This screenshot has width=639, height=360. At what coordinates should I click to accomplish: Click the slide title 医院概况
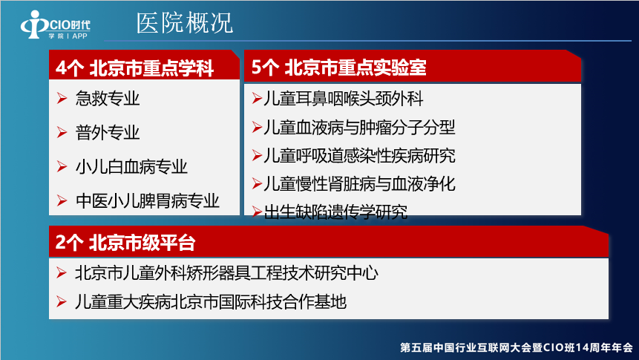click(185, 22)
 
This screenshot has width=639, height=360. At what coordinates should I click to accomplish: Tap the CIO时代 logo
click(56, 25)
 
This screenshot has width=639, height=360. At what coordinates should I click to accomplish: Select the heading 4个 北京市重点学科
click(135, 68)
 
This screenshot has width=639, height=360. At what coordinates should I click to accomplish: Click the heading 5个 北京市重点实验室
click(338, 68)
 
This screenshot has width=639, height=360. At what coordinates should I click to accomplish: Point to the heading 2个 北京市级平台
click(125, 243)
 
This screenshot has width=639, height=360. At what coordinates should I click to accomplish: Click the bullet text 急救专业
click(108, 98)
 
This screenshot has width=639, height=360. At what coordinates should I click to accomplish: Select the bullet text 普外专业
click(108, 133)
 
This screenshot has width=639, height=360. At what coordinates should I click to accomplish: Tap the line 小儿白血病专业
click(131, 167)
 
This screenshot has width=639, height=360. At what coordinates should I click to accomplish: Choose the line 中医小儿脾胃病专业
click(148, 201)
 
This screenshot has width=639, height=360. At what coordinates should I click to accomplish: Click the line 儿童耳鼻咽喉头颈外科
click(344, 99)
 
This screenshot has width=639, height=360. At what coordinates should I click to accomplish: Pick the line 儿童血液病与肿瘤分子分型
click(359, 127)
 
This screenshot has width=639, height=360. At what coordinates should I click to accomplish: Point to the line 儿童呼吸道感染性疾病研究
click(359, 155)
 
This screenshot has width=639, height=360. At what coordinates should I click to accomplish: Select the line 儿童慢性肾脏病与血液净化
click(359, 184)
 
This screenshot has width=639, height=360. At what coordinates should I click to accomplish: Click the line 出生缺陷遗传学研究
click(335, 212)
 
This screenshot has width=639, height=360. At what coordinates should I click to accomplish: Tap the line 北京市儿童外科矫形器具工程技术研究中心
click(226, 273)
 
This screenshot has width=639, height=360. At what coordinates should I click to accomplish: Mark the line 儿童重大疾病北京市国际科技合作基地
click(211, 301)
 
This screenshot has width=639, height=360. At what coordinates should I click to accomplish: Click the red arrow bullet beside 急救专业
click(62, 98)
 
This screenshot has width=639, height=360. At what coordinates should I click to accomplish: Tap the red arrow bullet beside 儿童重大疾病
click(62, 301)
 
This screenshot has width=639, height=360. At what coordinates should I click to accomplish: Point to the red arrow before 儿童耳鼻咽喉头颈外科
click(257, 99)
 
